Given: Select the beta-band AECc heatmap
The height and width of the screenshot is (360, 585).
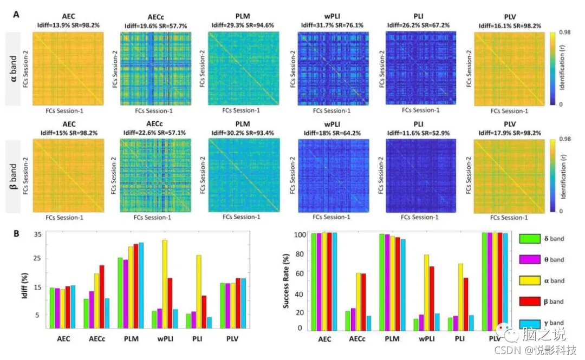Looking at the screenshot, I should (155, 175).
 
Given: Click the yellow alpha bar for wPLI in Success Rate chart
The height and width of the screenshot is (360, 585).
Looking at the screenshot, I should (427, 292).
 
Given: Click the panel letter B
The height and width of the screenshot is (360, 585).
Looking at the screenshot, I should (17, 234).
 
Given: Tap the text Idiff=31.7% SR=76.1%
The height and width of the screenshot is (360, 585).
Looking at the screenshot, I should (333, 25).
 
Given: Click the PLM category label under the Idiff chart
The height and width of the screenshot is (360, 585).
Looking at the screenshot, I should (131, 338).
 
